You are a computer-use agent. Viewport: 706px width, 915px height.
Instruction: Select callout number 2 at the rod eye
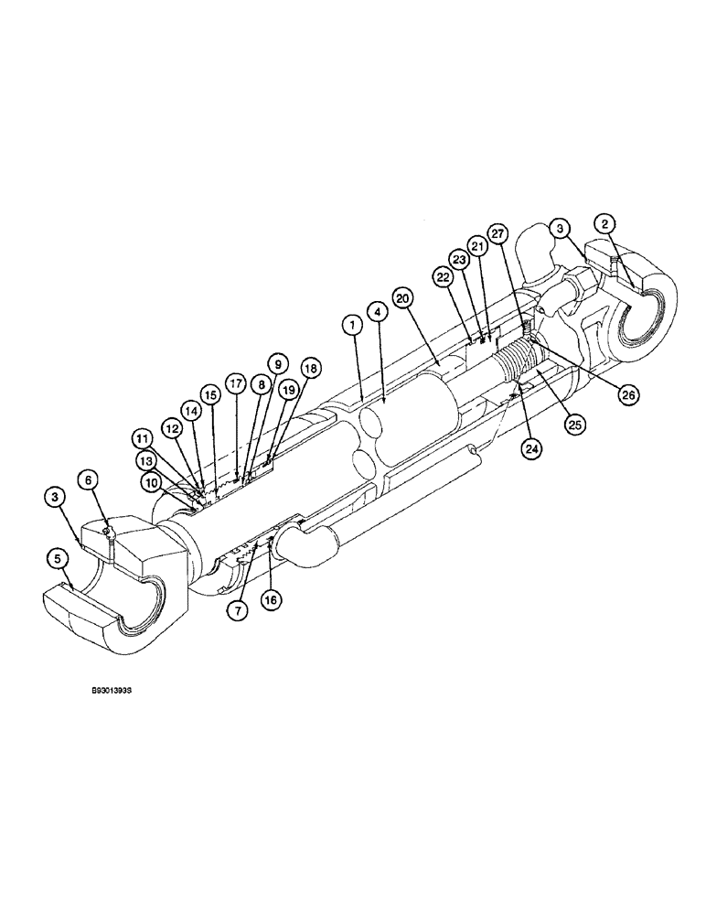(x=604, y=223)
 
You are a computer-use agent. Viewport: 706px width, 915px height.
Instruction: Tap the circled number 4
(x=376, y=313)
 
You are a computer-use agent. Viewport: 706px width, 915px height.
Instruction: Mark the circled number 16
(x=272, y=600)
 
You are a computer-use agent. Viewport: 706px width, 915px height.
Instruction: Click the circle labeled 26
(x=628, y=395)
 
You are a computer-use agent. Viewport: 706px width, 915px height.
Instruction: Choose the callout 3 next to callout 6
(x=56, y=496)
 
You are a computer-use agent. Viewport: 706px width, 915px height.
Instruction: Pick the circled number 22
(x=444, y=276)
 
